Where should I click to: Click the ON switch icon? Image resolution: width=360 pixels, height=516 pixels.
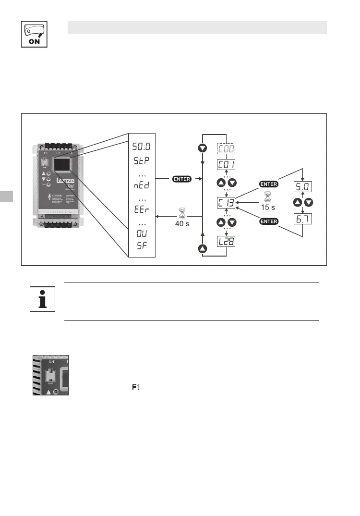pos(34,34)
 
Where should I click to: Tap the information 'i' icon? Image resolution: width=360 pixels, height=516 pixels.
pos(42,299)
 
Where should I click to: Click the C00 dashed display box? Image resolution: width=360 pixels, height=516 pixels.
pos(226,149)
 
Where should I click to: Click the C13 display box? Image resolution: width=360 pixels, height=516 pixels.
pos(226,202)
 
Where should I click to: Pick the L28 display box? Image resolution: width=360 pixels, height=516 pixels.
pos(226,241)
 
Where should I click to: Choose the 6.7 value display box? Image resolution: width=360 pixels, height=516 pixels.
pos(302,219)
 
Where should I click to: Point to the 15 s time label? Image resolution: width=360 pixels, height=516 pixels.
pos(268,207)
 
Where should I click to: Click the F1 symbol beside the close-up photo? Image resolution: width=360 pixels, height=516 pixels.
pos(135,387)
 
